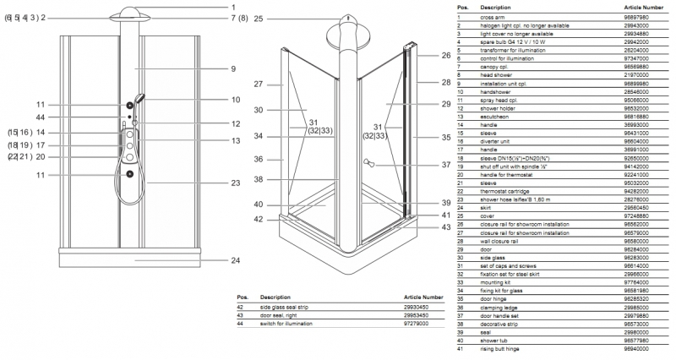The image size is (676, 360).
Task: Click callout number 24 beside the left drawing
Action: (x=235, y=261)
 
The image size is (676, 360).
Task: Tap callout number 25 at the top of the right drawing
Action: (x=259, y=19)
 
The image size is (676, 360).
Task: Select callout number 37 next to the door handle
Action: (x=445, y=165)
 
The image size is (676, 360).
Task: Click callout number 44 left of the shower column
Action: (x=40, y=117)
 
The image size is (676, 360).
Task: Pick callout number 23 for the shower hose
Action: (x=236, y=183)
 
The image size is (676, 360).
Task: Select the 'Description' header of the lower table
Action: (x=275, y=297)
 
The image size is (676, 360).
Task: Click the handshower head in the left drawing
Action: (x=140, y=101)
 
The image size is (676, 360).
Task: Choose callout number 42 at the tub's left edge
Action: (x=259, y=219)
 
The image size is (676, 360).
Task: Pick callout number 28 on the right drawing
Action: (x=445, y=83)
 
